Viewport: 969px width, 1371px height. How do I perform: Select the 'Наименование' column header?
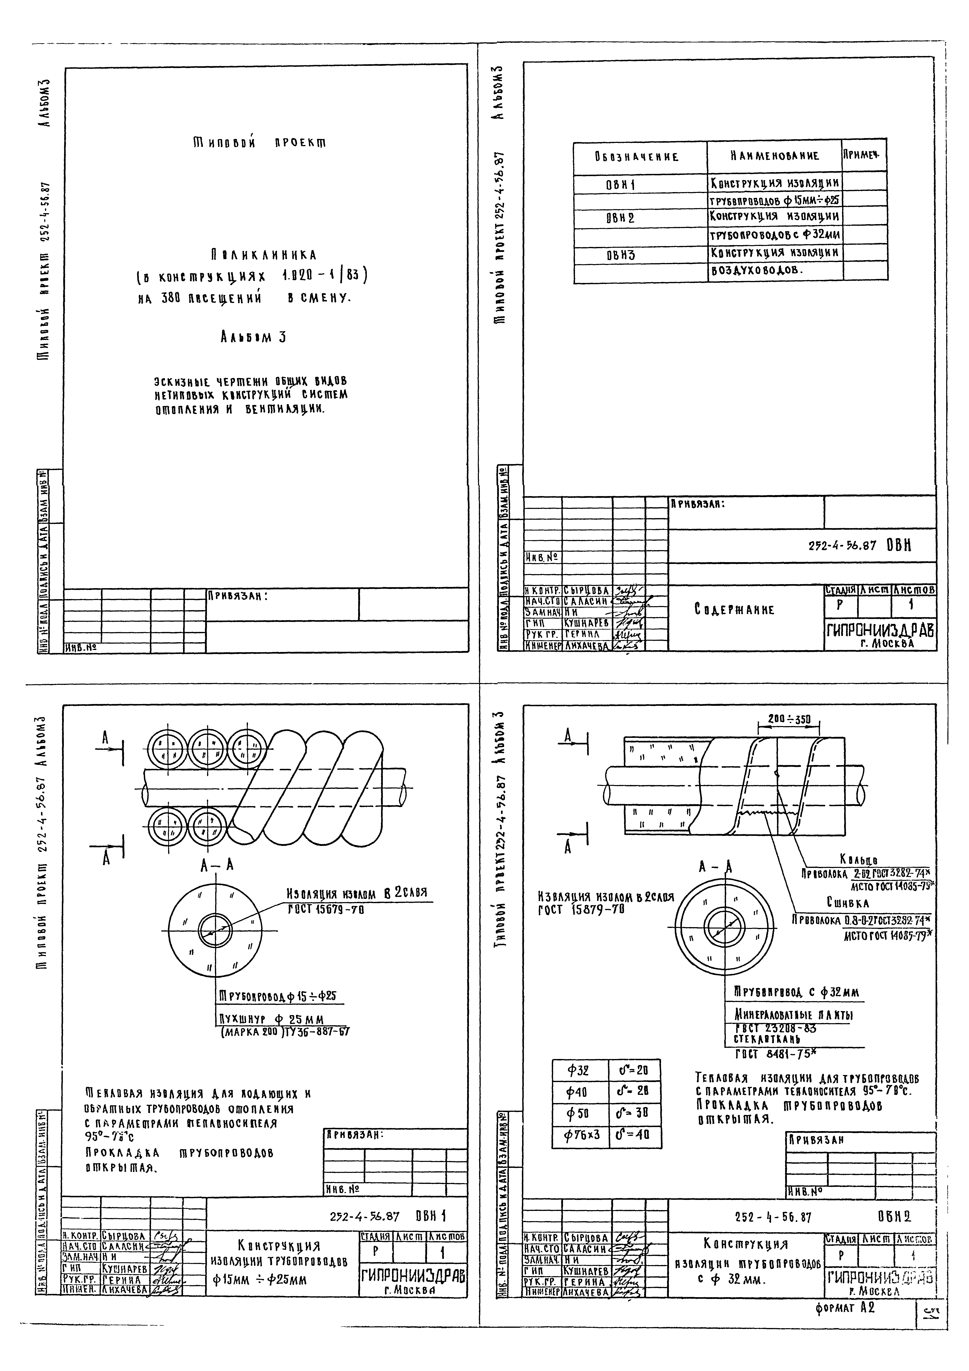[775, 156]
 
